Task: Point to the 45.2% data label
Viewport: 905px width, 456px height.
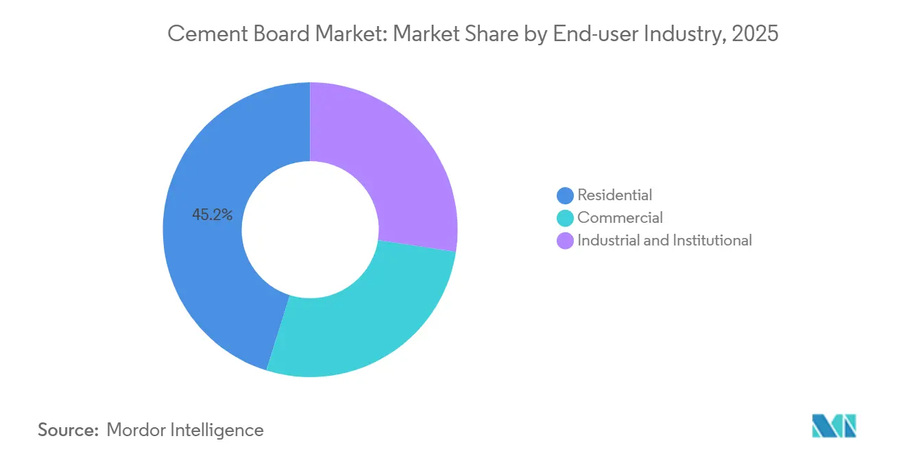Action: tap(213, 215)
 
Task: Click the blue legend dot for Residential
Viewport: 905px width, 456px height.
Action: tap(566, 195)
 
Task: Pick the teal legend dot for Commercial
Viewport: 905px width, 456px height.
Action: tap(566, 218)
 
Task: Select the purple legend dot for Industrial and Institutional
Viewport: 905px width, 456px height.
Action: tap(566, 241)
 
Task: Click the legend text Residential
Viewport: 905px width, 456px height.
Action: tap(615, 195)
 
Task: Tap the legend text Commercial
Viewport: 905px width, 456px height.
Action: tap(620, 218)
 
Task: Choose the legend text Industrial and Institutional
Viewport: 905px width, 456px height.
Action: tap(664, 241)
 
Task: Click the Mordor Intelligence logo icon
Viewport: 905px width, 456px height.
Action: tap(834, 426)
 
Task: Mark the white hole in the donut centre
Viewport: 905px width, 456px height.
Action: tap(310, 230)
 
